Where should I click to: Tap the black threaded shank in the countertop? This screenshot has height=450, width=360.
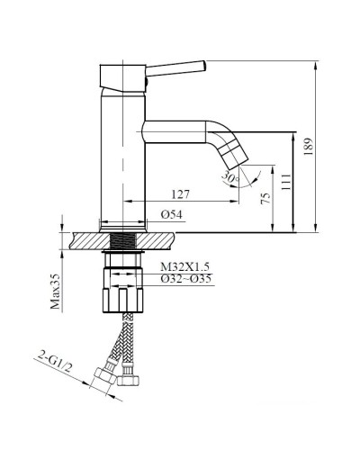pos(123,240)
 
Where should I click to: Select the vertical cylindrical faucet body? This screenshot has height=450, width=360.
pos(121,153)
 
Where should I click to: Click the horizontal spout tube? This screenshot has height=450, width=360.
pos(175,131)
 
